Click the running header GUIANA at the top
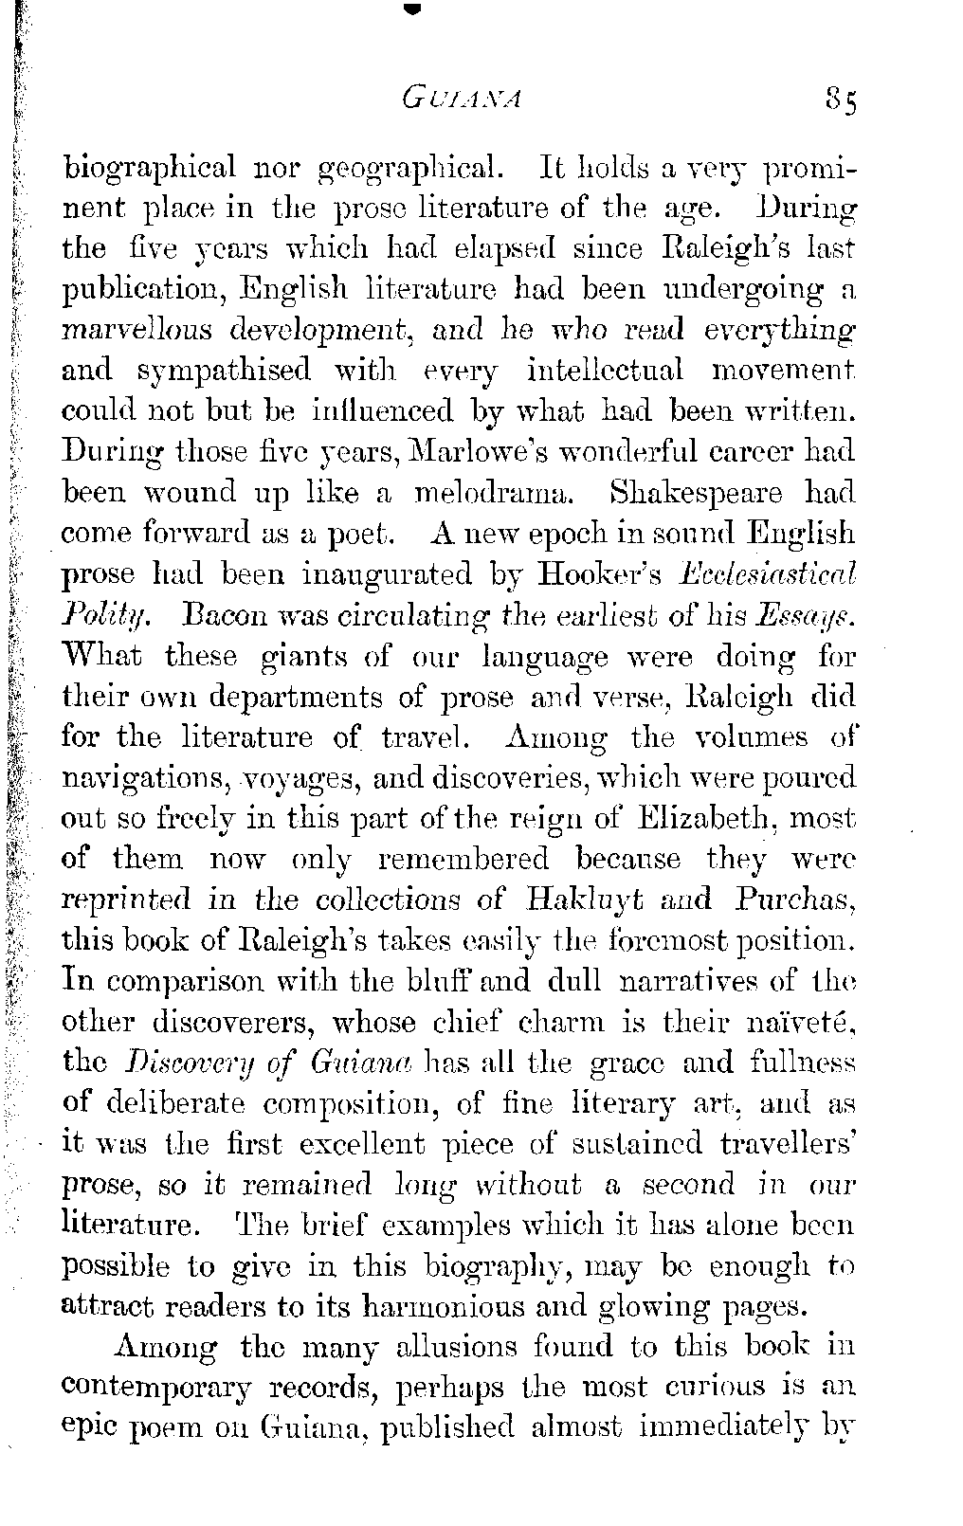click(463, 99)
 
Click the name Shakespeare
click(697, 493)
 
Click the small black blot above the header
click(410, 9)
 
